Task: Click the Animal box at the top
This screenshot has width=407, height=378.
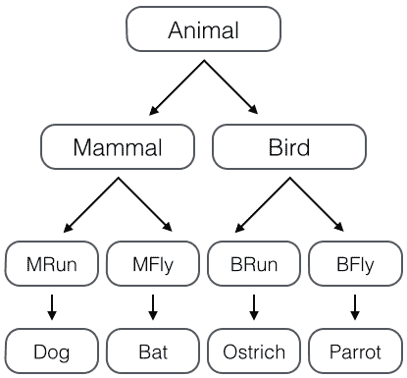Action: click(x=203, y=30)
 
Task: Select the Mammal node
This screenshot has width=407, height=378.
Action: click(x=117, y=148)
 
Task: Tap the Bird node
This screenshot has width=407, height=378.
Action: click(x=288, y=148)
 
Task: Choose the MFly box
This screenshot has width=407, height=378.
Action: click(x=153, y=263)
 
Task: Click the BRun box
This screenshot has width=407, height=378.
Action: click(x=253, y=263)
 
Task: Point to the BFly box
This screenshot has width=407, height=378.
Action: click(x=354, y=263)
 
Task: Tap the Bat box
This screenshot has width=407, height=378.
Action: click(x=153, y=351)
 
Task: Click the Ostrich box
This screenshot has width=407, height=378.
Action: click(x=253, y=351)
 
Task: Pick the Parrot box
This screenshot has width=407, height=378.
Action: click(x=354, y=351)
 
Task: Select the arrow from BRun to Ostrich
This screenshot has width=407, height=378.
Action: click(x=253, y=306)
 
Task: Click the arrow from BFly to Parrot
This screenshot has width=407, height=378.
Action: click(x=354, y=306)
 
